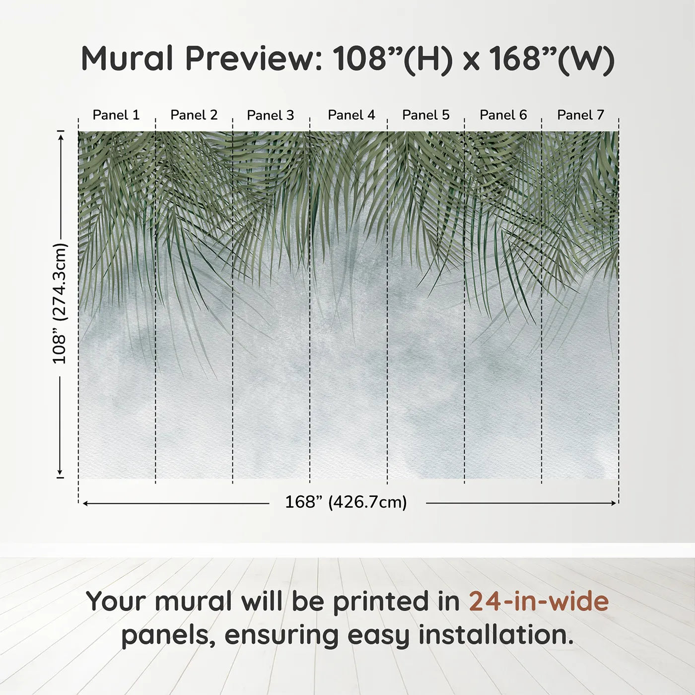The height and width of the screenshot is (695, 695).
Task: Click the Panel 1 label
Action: click(x=116, y=115)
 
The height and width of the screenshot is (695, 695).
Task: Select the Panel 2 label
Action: click(x=194, y=115)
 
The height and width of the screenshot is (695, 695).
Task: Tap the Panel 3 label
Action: click(x=271, y=115)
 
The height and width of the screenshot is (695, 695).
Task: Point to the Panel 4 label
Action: click(x=351, y=115)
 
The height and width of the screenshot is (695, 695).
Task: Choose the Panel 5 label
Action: click(x=426, y=115)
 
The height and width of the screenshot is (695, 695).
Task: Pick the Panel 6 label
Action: click(x=503, y=115)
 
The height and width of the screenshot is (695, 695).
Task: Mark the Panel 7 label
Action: click(x=580, y=115)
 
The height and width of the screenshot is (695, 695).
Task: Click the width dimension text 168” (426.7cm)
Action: click(x=346, y=502)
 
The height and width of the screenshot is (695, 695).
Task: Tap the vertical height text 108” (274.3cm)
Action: click(x=60, y=304)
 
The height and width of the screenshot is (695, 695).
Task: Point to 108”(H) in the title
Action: click(x=392, y=59)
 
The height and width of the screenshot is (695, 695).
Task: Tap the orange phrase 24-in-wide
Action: click(x=539, y=602)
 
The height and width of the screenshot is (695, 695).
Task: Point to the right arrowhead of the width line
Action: click(x=614, y=503)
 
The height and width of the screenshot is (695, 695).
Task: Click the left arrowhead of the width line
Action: click(x=85, y=503)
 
